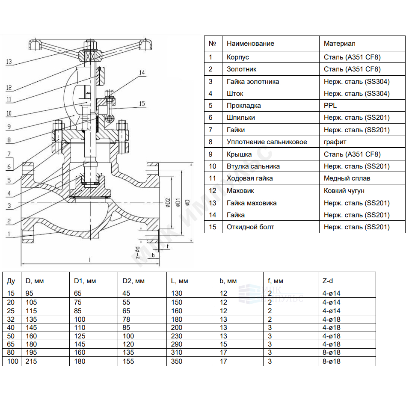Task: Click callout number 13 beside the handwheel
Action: (x=9, y=62)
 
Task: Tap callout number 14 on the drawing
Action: (x=142, y=72)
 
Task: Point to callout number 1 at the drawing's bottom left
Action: (x=9, y=234)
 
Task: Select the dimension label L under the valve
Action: (x=91, y=260)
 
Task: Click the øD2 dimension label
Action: (x=168, y=203)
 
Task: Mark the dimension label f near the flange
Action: (x=167, y=246)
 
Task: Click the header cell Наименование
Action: (x=250, y=44)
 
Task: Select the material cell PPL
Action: (x=330, y=106)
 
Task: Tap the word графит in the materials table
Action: (x=335, y=142)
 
